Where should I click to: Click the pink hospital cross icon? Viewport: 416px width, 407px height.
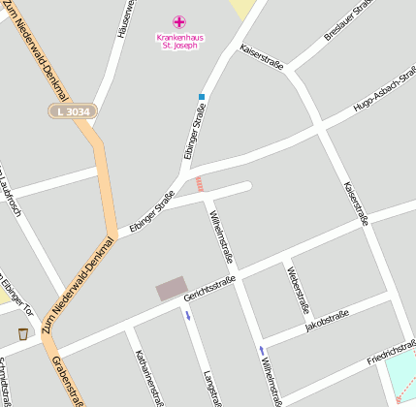[x=178, y=21]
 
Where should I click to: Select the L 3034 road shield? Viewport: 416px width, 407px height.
[x=73, y=112]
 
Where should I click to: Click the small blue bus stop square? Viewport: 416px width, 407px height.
[x=202, y=97]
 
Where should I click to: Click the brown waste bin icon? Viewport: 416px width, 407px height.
[x=22, y=334]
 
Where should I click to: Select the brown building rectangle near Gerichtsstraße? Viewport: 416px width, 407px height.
[x=172, y=288]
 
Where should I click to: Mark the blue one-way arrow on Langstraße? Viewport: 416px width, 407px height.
[x=188, y=316]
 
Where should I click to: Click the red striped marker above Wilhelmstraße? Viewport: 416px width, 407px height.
[x=200, y=183]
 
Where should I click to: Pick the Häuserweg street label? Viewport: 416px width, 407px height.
[x=122, y=19]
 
